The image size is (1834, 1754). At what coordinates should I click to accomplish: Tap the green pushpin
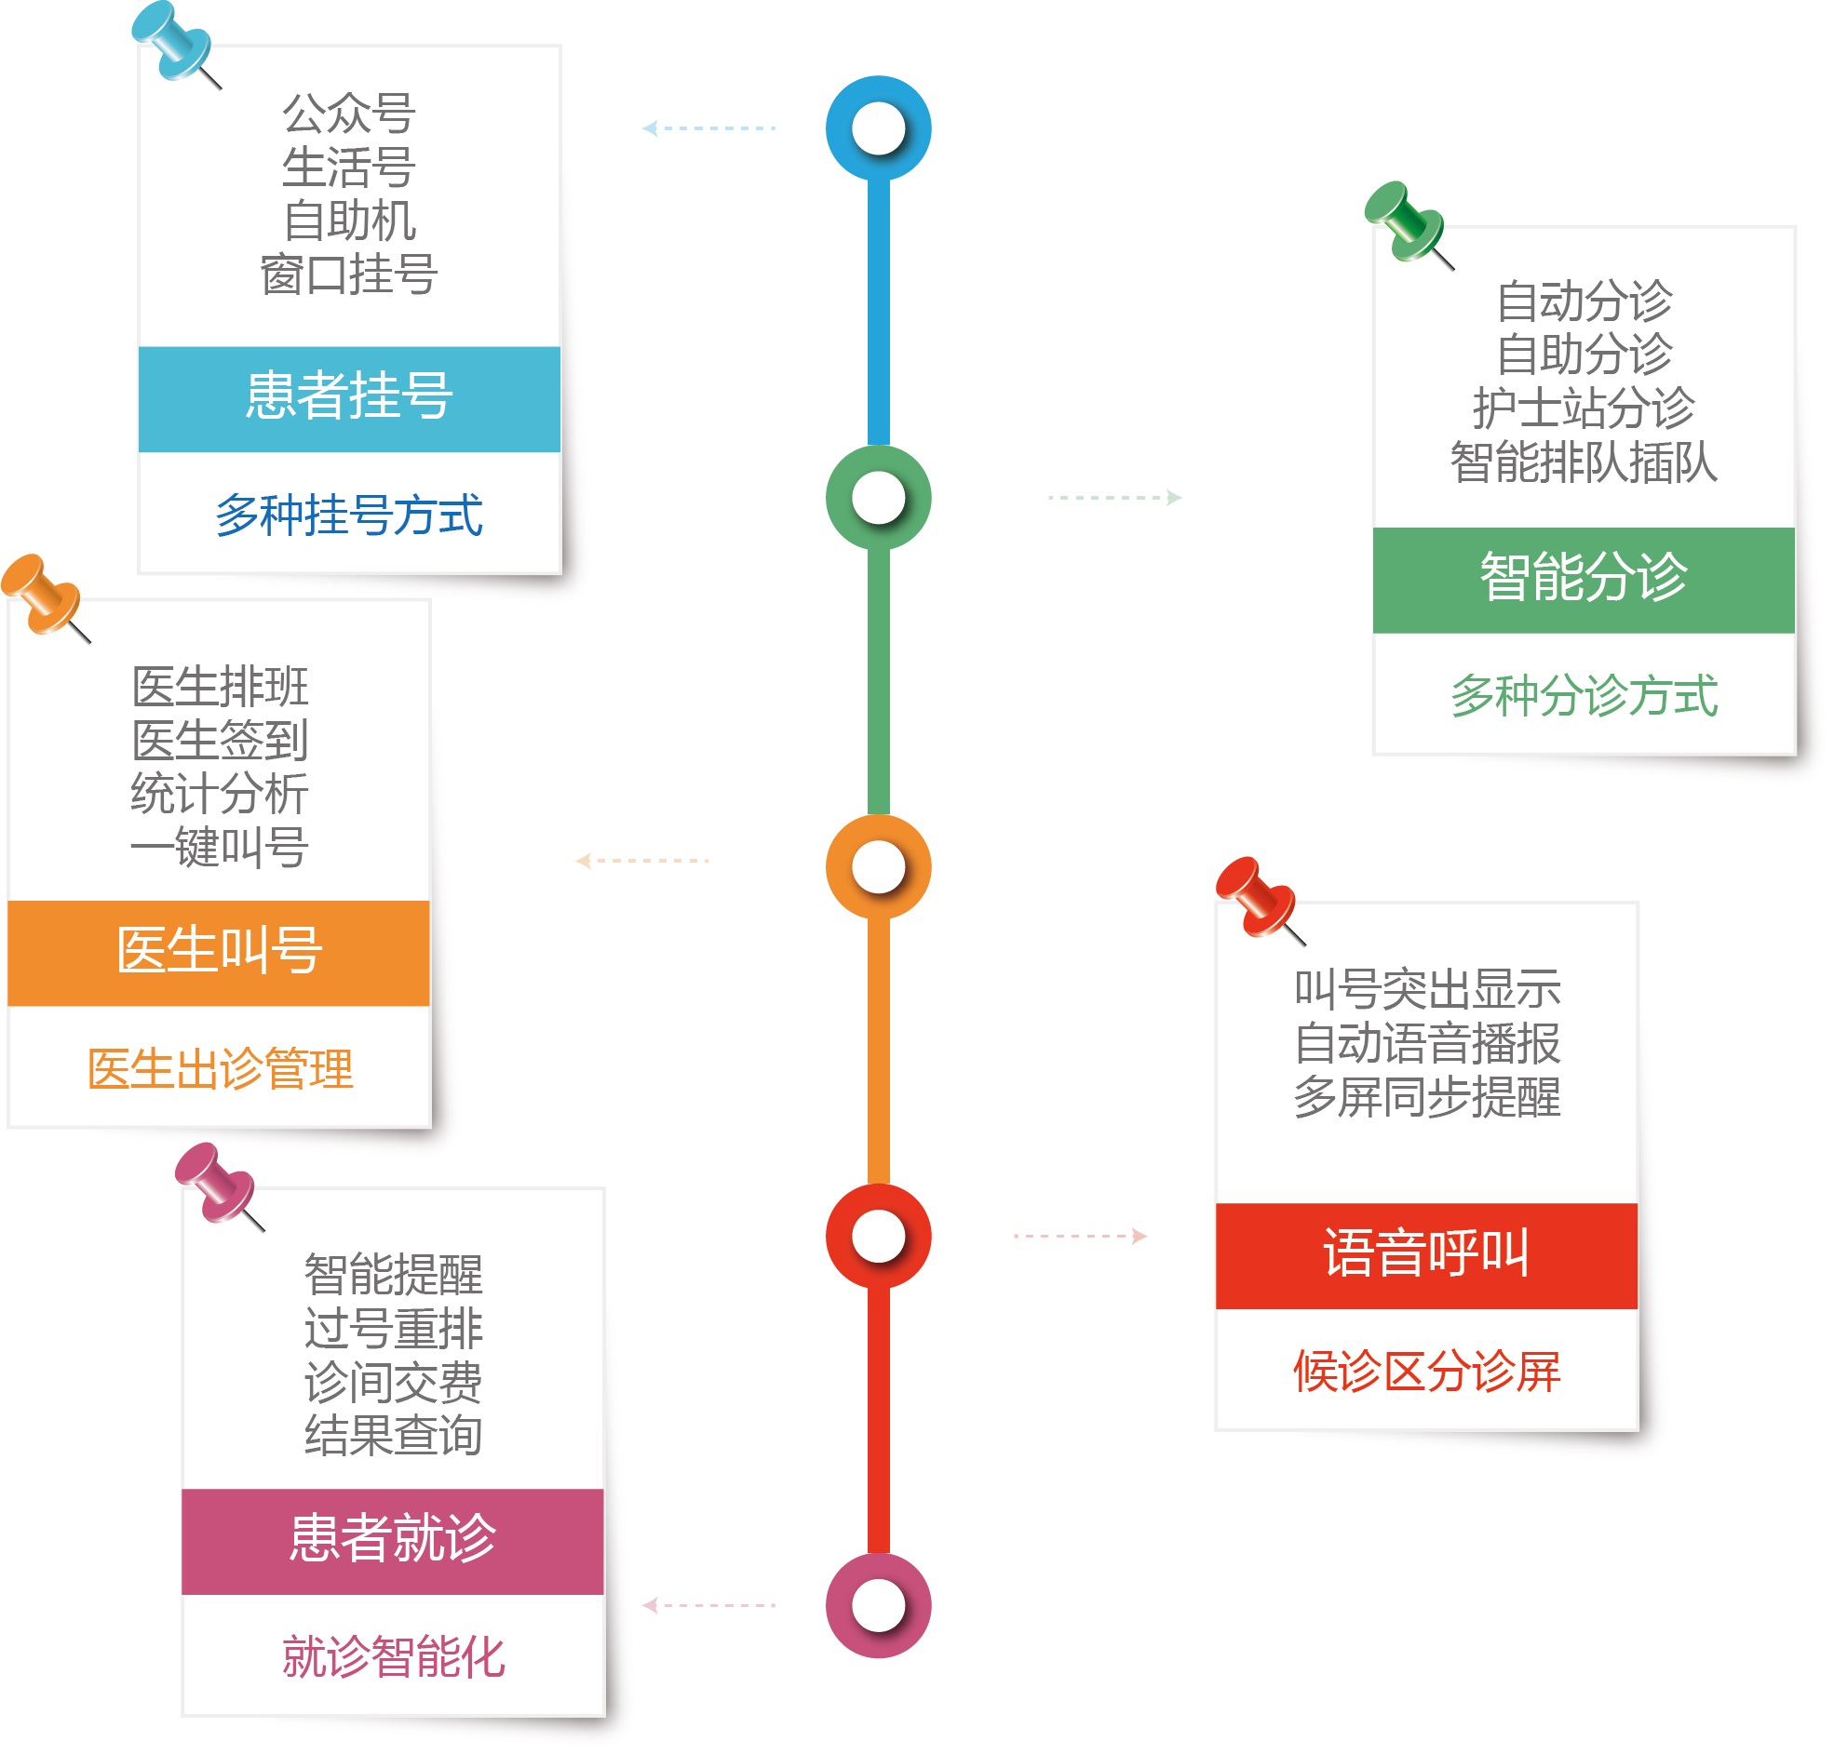coord(1404,220)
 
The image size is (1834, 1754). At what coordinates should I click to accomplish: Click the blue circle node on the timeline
coord(877,128)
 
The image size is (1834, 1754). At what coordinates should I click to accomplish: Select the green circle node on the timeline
coord(877,498)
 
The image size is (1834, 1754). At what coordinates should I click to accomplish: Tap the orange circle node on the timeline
coord(877,865)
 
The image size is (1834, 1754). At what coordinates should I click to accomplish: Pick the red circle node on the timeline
coord(877,1235)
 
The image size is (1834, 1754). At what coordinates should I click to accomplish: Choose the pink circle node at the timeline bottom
coord(877,1604)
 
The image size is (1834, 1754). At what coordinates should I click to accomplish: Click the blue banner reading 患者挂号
coord(349,399)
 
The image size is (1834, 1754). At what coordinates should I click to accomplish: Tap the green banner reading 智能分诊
coord(1583,580)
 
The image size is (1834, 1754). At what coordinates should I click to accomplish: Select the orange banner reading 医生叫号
coord(218,953)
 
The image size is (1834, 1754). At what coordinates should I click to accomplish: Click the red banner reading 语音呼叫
coord(1425,1254)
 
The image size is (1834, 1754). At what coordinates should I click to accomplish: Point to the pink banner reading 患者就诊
coord(392,1540)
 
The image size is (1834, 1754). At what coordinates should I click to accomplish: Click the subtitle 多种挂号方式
coord(349,515)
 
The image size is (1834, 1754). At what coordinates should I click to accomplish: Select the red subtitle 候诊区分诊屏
coord(1425,1372)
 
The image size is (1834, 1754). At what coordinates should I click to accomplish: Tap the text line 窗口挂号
coord(349,274)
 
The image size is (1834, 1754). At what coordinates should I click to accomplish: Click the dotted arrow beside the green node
coord(1113,498)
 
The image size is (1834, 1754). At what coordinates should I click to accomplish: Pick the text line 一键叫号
coord(219,847)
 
